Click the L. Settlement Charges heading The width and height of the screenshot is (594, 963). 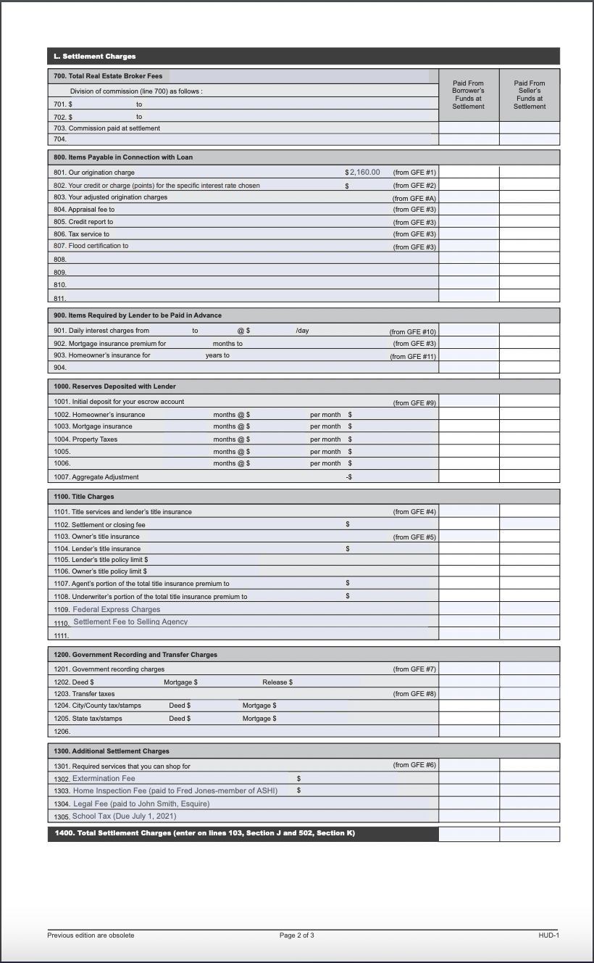point(94,57)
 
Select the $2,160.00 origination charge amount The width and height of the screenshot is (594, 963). point(364,173)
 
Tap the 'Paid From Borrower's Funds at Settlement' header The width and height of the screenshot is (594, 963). point(468,95)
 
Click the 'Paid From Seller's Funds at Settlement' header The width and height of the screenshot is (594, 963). point(530,95)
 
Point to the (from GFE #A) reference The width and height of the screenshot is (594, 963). point(414,198)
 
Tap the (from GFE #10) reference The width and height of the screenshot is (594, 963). point(413,331)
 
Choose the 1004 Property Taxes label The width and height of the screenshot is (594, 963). point(85,439)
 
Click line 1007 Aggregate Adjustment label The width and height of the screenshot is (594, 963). point(96,477)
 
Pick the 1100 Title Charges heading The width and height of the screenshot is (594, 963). point(84,497)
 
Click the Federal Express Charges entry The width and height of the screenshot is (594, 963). point(116,610)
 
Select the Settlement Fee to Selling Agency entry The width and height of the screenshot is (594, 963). point(130,622)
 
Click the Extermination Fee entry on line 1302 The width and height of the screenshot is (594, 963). point(104,779)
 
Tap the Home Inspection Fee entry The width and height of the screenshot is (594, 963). point(175,791)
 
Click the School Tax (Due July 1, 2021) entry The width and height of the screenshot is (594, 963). point(124,817)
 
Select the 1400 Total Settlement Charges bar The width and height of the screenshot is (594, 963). point(205,833)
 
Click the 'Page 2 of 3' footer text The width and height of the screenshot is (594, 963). point(297,935)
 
